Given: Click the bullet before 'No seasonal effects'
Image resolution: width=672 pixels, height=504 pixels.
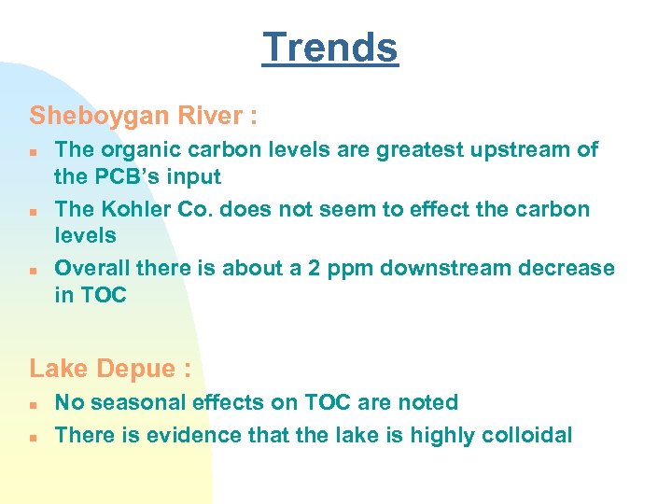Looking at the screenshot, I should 33,404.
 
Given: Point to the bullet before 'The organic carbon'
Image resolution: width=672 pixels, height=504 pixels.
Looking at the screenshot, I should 33,150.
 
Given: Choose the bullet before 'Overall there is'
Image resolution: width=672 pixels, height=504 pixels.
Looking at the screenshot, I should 33,270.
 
